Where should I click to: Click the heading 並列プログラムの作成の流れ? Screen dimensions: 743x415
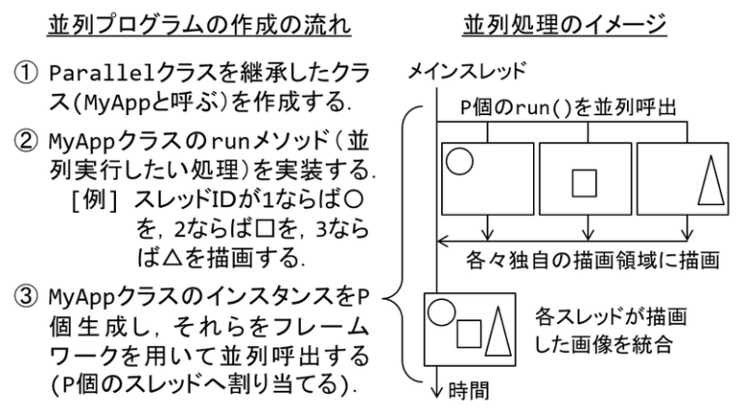pos(199,24)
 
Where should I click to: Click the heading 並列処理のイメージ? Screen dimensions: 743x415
pos(564,24)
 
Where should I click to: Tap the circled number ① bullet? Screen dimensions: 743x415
pos(25,74)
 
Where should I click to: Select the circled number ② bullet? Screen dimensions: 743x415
pos(25,140)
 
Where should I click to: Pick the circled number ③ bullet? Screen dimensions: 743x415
pos(25,297)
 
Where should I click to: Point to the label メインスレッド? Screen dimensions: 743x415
pos(467,71)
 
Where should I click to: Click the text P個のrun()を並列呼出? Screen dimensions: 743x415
pos(568,107)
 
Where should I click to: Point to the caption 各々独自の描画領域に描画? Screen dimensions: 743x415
pos(593,260)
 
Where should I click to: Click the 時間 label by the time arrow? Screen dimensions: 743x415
pos(468,392)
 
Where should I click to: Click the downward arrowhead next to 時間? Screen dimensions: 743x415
pos(437,392)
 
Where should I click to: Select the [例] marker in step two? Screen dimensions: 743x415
pos(94,200)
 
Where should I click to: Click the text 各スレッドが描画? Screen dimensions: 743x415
pos(610,316)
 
